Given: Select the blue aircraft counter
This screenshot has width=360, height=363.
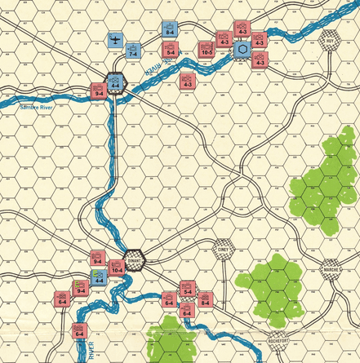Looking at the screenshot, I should coord(117,40).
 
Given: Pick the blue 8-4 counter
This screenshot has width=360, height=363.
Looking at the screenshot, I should coord(170,29).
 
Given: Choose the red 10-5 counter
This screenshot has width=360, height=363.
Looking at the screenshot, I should coord(207,50).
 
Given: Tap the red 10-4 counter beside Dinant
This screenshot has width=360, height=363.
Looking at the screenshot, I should coord(116,264).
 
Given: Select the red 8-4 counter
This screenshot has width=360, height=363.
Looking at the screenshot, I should coord(206,299).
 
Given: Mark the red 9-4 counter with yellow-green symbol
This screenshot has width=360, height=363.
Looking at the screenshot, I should coord(81,287).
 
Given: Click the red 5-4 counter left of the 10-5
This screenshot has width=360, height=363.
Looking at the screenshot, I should coord(171,51).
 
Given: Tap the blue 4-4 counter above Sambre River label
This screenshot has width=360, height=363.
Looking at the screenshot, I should coord(116,81).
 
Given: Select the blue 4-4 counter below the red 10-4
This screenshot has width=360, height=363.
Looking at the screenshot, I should coord(98,278).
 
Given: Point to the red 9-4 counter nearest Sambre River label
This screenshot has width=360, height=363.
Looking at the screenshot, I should coord(98,91).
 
